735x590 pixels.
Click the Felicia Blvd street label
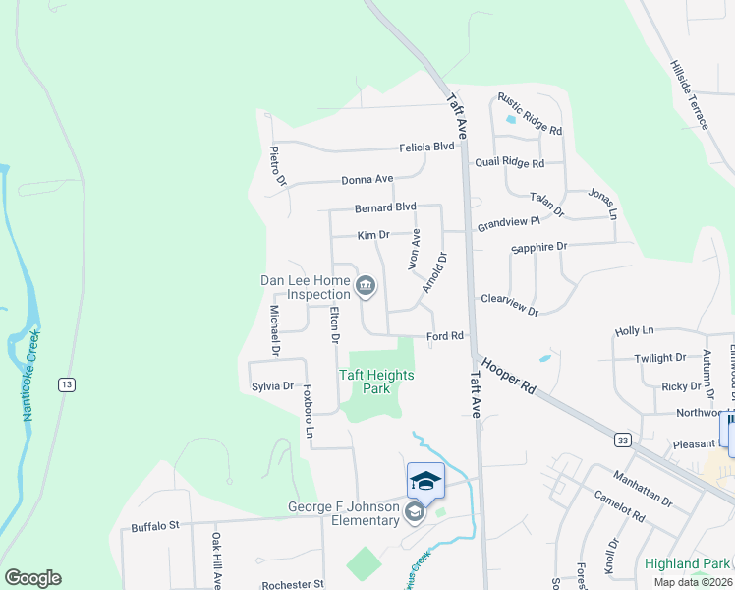(x=426, y=147)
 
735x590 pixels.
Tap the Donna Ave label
(x=367, y=180)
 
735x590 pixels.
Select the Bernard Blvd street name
(x=386, y=207)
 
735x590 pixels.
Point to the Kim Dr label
(x=373, y=236)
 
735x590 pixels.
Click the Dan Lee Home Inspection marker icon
(x=366, y=286)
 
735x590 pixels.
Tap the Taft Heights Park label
(x=376, y=382)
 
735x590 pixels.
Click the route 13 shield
(x=65, y=383)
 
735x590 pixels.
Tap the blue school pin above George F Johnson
(x=424, y=481)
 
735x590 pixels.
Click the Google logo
(x=32, y=578)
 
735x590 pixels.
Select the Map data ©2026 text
(x=693, y=582)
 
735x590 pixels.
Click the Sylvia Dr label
(x=273, y=386)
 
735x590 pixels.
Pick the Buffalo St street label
(x=155, y=527)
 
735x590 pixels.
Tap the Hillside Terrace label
(x=690, y=95)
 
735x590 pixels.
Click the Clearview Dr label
(x=510, y=305)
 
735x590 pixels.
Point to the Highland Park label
(x=688, y=563)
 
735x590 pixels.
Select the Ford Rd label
(x=445, y=336)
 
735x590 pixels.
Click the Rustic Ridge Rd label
(x=530, y=114)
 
